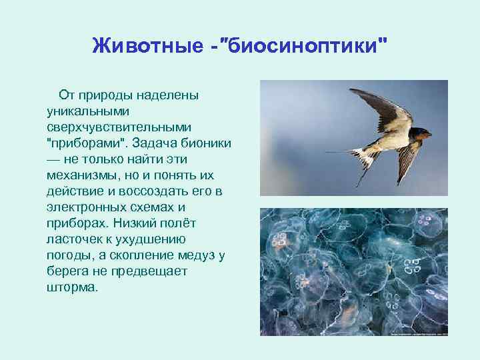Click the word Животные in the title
click(144, 46)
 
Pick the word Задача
click(156, 142)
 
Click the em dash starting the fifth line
click(53, 158)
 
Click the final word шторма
click(71, 286)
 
